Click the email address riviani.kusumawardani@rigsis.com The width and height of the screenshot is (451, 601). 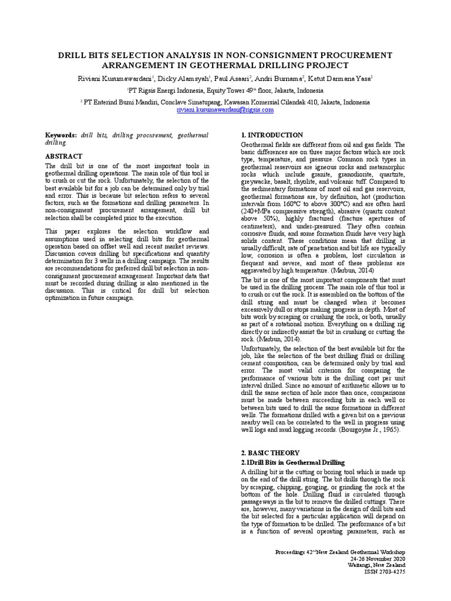tap(225, 110)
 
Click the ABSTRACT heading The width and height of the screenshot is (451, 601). tap(64, 157)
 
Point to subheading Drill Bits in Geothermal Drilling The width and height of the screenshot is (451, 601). tap(293, 463)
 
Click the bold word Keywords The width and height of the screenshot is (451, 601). tap(62, 135)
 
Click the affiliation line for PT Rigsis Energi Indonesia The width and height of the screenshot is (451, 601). tap(225, 91)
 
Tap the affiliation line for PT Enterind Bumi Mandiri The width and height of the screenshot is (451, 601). tap(225, 102)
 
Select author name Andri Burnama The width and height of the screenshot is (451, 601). tap(288, 79)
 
